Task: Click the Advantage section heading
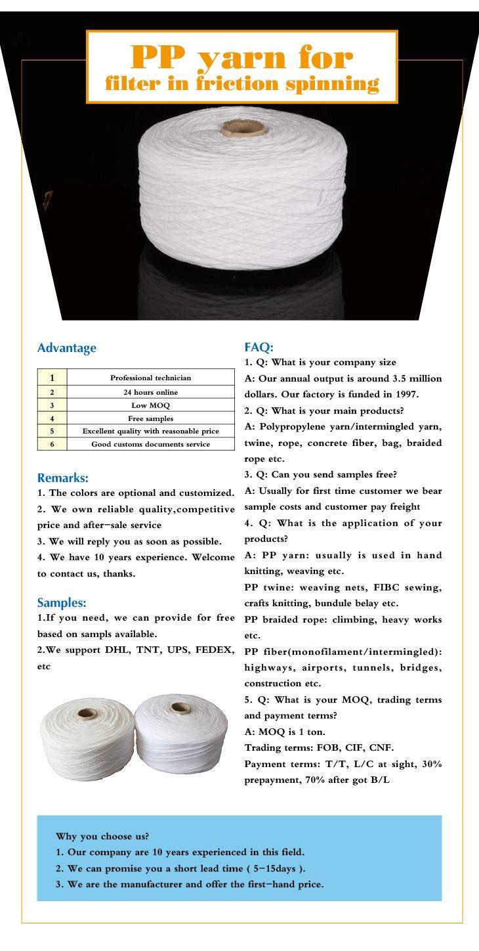tap(66, 348)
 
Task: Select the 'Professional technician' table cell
tap(150, 378)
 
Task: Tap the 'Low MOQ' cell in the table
tap(150, 405)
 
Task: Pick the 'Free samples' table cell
tap(150, 418)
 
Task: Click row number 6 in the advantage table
tap(52, 445)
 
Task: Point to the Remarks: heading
tap(62, 478)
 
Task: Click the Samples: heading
tap(62, 602)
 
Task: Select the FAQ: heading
tap(259, 347)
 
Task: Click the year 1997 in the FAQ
tap(406, 395)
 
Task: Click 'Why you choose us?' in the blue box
tap(102, 837)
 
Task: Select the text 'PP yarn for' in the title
tap(241, 58)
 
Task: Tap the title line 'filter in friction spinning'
tap(241, 84)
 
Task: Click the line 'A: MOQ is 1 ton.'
tap(285, 732)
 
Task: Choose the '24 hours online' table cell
tap(150, 392)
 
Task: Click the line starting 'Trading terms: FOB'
tap(328, 748)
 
